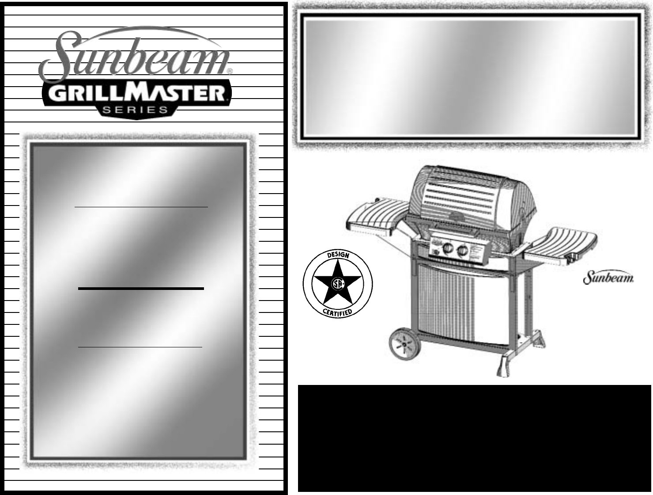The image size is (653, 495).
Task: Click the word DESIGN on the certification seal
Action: coord(338,256)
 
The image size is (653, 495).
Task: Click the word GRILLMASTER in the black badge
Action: coord(137,94)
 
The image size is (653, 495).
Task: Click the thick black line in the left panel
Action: coord(141,288)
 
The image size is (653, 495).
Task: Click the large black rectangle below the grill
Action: coord(475,438)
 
